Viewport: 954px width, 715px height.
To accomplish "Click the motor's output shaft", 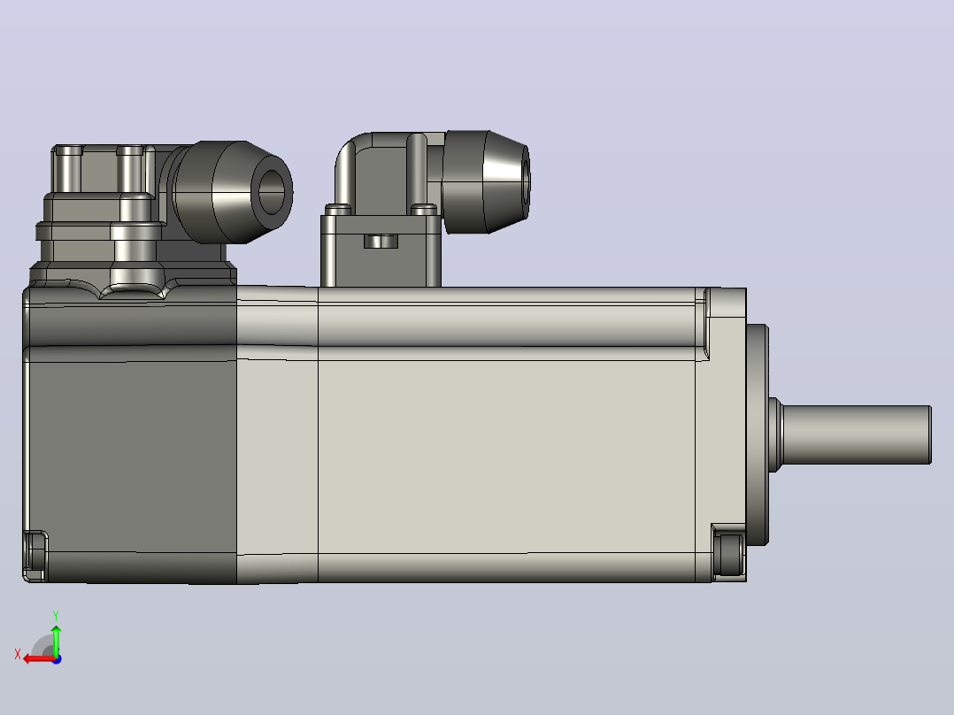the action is click(x=856, y=434).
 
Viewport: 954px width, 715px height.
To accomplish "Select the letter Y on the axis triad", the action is click(x=56, y=616).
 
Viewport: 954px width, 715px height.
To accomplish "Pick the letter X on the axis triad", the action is click(x=18, y=654).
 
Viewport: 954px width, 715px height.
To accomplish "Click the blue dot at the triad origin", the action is click(x=57, y=659).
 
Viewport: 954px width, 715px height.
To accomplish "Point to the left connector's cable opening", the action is click(x=272, y=192).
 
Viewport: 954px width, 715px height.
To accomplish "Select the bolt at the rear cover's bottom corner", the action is click(x=35, y=556).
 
